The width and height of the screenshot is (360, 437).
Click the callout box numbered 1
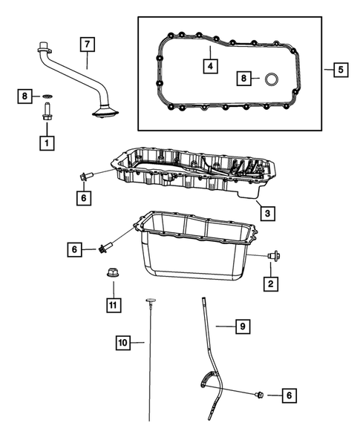point(47,141)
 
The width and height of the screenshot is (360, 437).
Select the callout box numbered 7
point(87,45)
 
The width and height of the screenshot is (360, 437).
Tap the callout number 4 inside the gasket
point(211,67)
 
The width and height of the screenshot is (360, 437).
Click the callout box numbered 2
point(271,283)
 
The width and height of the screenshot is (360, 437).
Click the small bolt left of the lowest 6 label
point(261,395)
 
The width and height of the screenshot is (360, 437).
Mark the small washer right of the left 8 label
point(47,96)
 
